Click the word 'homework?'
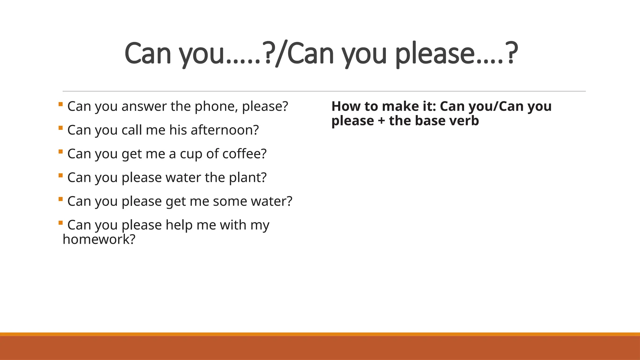point(99,239)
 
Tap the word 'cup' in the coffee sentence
point(191,154)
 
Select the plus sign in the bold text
point(381,121)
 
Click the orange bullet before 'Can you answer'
point(61,104)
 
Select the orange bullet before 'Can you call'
point(61,128)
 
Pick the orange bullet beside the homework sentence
point(61,223)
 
